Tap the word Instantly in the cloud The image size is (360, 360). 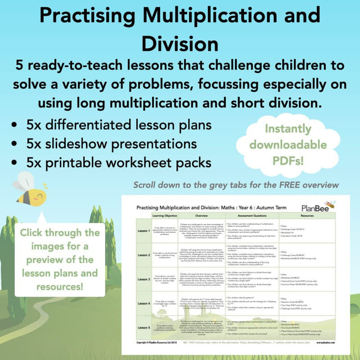pos(287,129)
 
